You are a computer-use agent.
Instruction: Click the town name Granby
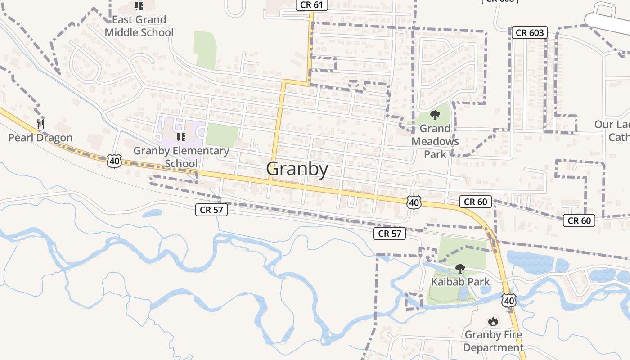click(297, 169)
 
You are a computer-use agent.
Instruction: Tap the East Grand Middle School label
click(139, 26)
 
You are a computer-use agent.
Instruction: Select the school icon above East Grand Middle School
click(139, 6)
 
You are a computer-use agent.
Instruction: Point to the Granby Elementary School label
click(181, 157)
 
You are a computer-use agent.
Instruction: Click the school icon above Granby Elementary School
click(181, 137)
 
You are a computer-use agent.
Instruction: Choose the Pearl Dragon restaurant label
click(40, 138)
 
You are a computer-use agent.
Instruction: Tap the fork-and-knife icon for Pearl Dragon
click(40, 124)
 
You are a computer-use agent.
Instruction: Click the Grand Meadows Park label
click(435, 141)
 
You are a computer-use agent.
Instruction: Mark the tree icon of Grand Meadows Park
click(435, 115)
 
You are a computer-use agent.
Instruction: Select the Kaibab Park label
click(460, 282)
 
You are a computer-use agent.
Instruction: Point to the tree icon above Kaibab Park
click(460, 269)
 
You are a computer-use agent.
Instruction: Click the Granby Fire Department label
click(494, 341)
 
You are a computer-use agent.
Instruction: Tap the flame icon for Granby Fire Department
click(493, 321)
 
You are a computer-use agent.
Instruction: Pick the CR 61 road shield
click(311, 5)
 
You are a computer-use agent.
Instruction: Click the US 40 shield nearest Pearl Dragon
click(114, 161)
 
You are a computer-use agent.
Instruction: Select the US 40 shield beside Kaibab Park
click(509, 300)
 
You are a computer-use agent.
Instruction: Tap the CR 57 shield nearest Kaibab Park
click(390, 233)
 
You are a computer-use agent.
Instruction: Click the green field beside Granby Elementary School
click(222, 135)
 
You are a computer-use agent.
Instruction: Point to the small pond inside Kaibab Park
click(463, 292)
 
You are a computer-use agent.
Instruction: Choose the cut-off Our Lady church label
click(612, 130)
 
